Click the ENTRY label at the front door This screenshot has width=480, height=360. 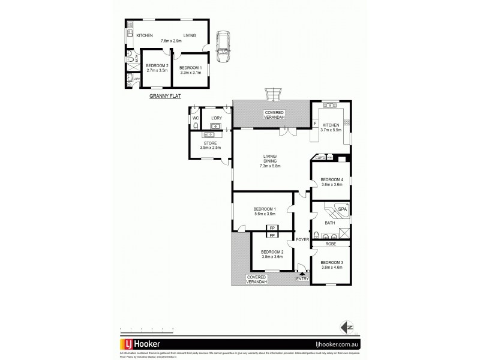(x=302, y=279)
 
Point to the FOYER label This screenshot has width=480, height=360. (x=302, y=239)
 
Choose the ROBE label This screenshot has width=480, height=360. (x=330, y=244)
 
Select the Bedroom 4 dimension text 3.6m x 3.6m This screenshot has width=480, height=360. (x=331, y=185)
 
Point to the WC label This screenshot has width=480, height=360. (x=195, y=118)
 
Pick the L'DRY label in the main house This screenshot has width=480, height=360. (x=216, y=118)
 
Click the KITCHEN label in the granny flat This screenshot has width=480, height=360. (x=145, y=35)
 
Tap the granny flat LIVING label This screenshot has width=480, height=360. (x=190, y=35)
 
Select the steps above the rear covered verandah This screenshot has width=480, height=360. (x=272, y=94)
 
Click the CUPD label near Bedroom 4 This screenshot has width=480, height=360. (x=320, y=158)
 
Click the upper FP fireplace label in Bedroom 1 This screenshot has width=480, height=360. (x=272, y=228)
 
